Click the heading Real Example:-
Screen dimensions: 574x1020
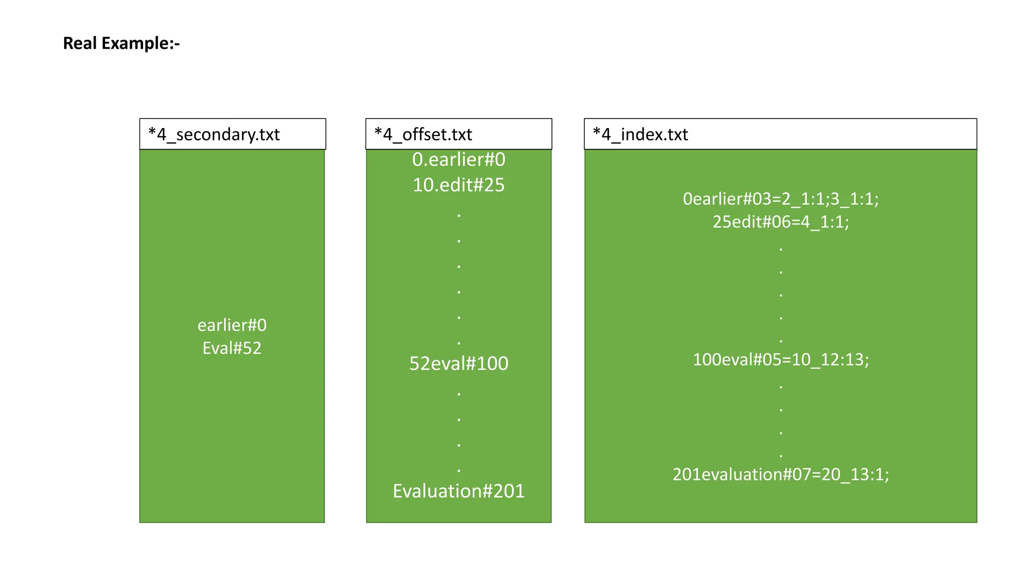click(121, 43)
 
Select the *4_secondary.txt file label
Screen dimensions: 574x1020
click(214, 135)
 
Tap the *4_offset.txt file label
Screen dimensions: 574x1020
click(423, 135)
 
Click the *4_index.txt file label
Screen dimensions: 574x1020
click(640, 135)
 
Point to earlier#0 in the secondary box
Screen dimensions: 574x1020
click(232, 325)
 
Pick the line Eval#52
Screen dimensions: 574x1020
click(232, 348)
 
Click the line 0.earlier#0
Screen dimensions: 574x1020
click(459, 160)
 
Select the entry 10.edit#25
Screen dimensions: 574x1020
click(459, 185)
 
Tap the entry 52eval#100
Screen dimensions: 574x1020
click(459, 364)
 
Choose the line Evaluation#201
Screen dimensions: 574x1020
click(459, 491)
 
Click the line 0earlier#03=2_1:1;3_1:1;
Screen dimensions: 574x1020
click(780, 199)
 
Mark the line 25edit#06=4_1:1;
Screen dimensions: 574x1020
click(780, 222)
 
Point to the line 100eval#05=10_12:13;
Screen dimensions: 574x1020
click(780, 360)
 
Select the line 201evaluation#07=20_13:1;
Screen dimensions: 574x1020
click(780, 474)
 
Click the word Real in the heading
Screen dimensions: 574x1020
click(80, 43)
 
